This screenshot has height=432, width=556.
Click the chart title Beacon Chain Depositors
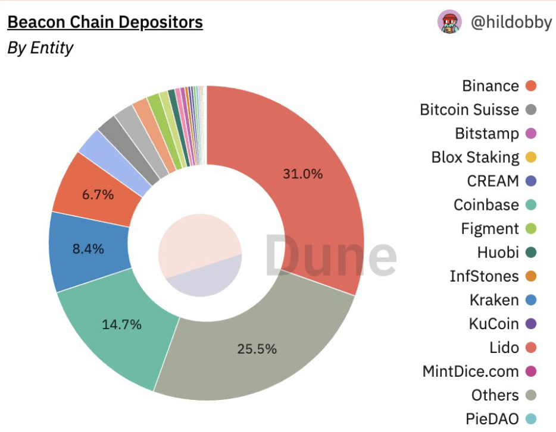tap(105, 23)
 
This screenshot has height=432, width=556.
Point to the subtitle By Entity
tap(40, 48)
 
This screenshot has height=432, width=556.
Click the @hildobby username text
tap(511, 23)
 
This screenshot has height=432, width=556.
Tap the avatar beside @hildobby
tap(449, 23)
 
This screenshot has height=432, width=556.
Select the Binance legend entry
tap(491, 86)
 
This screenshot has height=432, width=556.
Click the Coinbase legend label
tap(486, 205)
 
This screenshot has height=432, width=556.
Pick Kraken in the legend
tap(494, 300)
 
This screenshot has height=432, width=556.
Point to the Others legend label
tap(495, 395)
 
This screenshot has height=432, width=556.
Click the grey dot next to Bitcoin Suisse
tap(532, 110)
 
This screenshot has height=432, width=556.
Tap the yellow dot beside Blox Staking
tap(532, 157)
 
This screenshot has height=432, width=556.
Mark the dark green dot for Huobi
tap(532, 253)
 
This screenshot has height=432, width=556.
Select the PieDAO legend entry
tap(492, 419)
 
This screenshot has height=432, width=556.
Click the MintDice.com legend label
tap(470, 371)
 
